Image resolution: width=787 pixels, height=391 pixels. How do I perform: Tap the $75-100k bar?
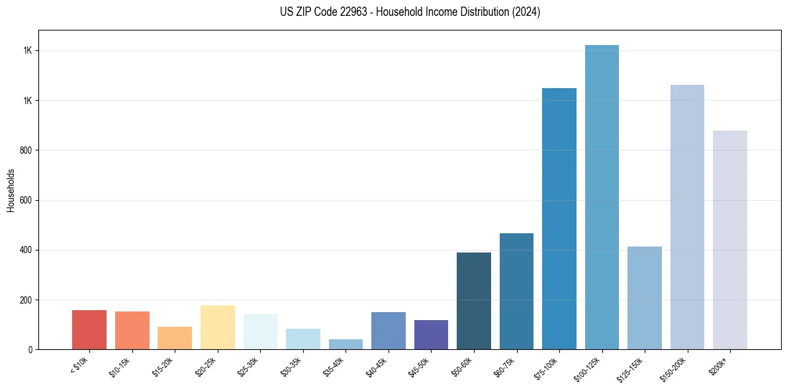pos(559,219)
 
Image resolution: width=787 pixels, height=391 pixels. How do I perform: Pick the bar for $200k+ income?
pos(730,240)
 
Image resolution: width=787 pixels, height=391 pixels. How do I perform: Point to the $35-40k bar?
pos(346,345)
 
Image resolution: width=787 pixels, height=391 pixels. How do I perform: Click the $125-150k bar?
pos(645,298)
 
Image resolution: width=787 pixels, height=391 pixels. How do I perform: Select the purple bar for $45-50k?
pos(431,335)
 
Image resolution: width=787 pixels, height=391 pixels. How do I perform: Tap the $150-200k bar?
pos(687,217)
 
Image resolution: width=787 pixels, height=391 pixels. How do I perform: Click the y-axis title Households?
pos(11,190)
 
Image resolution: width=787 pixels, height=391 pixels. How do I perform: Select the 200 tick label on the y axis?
pos(26,300)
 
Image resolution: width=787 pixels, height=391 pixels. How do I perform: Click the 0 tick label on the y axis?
pos(30,349)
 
